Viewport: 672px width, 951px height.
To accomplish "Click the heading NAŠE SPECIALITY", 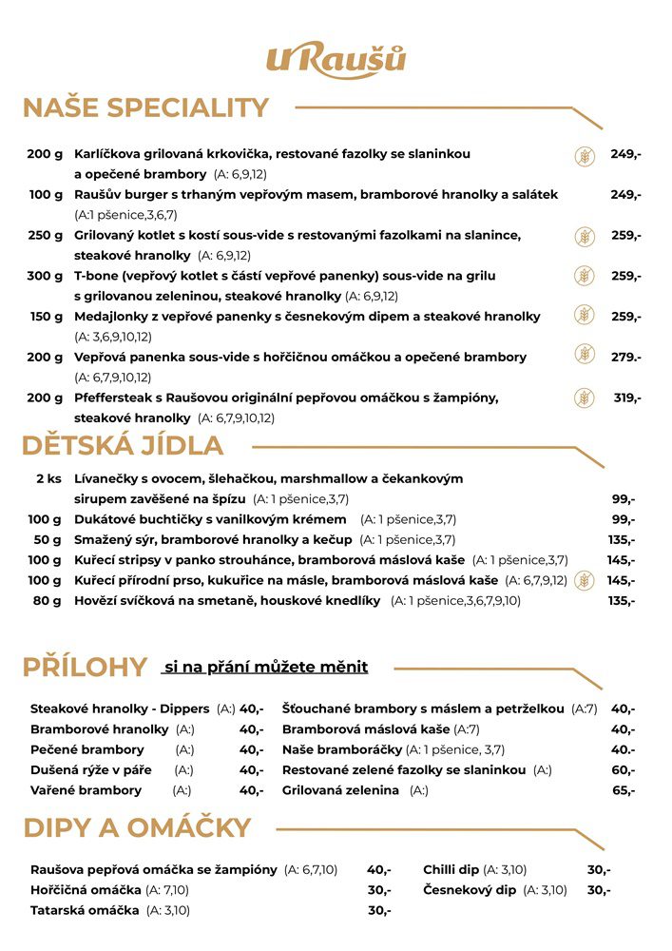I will (x=145, y=107).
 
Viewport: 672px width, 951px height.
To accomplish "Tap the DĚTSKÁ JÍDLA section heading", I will (x=123, y=445).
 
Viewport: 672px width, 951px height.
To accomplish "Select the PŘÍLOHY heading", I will (x=85, y=667).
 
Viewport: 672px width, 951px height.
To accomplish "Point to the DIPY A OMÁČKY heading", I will (x=137, y=827).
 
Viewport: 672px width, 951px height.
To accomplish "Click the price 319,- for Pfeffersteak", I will (x=626, y=398).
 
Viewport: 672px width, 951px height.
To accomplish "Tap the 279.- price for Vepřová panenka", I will (x=625, y=357).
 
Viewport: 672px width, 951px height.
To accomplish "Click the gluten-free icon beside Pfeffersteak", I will (x=584, y=398).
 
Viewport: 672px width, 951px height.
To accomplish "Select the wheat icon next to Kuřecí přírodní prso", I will (x=584, y=580).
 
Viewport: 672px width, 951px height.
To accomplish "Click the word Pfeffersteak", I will (x=116, y=398).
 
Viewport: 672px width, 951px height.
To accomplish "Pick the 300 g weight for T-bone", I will (x=45, y=276).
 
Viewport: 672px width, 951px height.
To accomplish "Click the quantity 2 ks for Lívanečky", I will (x=48, y=478).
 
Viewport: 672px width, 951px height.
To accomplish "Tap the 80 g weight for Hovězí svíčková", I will (x=48, y=600).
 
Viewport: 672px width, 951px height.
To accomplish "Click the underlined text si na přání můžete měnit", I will (x=265, y=667).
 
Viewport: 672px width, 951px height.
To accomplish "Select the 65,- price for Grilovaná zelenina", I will (x=624, y=790).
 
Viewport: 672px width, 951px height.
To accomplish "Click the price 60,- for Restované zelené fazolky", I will (x=624, y=770).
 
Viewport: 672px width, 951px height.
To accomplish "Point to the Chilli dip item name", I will (x=451, y=869).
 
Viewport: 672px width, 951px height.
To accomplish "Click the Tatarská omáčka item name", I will (x=85, y=910).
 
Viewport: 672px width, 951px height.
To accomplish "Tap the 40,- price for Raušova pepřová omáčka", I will (x=378, y=869).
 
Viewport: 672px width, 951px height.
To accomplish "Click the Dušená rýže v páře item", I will (x=92, y=770).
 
